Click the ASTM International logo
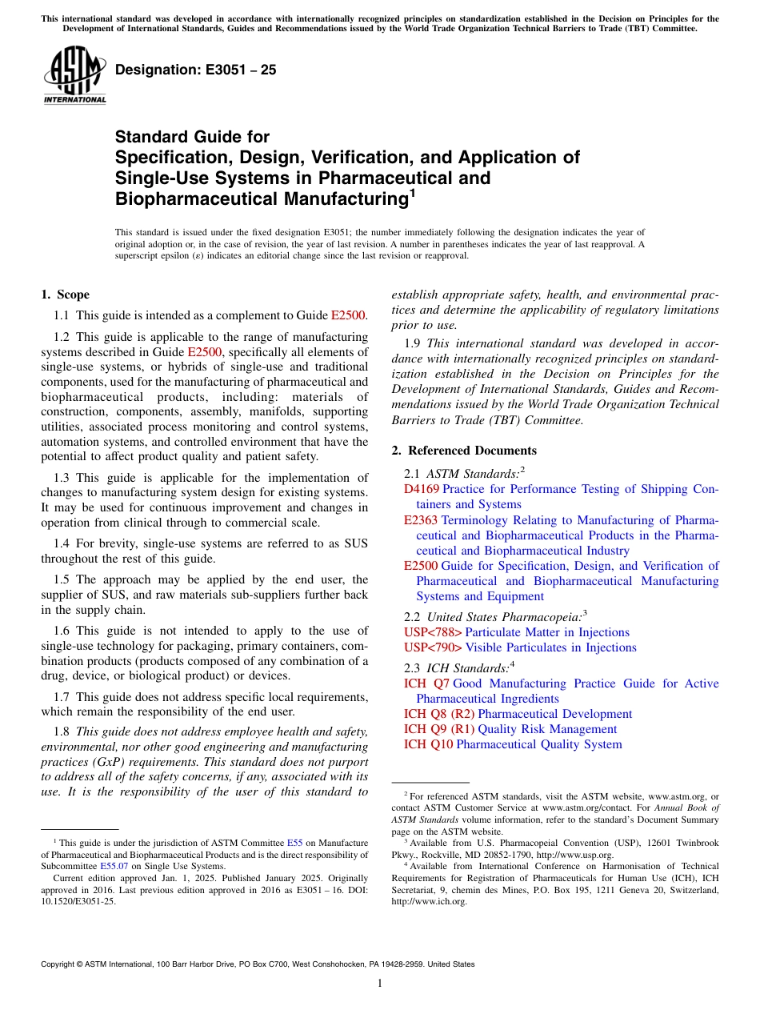coord(74,75)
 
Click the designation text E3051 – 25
coord(196,70)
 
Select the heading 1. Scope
coord(65,295)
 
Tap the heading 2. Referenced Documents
coord(464,451)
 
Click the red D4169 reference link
coord(422,489)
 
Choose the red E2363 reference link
coord(421,520)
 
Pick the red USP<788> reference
coord(433,632)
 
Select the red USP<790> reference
coord(433,647)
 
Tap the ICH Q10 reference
coord(428,744)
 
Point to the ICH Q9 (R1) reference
coord(438,729)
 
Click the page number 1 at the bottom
coord(380,984)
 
